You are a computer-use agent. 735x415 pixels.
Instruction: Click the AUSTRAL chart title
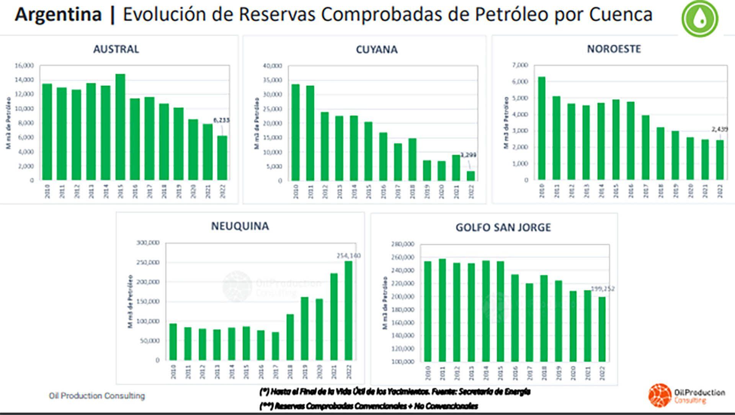[116, 49]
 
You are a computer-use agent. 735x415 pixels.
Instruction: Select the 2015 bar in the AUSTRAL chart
[120, 127]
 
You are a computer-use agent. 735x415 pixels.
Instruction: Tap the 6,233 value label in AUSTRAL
[221, 120]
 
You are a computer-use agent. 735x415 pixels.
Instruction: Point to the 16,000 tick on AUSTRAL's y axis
[24, 65]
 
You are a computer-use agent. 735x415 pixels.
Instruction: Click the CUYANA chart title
[377, 50]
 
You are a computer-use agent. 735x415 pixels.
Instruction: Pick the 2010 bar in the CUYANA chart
[296, 132]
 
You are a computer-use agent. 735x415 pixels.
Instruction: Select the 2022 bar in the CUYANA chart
[471, 176]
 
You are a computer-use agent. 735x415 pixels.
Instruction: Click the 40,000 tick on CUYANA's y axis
[273, 66]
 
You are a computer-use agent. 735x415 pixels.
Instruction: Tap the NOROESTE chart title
[614, 49]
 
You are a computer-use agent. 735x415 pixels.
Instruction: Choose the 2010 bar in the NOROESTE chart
[542, 128]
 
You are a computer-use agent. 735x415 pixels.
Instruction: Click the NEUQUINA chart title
[240, 226]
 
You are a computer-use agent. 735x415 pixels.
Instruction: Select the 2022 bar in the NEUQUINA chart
[348, 310]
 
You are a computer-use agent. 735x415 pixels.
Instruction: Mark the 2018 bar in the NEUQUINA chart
[290, 337]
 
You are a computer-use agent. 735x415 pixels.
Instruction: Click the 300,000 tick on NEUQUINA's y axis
[148, 243]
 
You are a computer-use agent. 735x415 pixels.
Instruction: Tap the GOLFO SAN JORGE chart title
[503, 227]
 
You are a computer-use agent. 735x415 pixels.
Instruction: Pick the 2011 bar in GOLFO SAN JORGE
[442, 310]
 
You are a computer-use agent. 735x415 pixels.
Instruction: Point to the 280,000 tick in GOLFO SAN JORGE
[403, 244]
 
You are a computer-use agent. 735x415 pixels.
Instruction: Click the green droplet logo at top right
[700, 18]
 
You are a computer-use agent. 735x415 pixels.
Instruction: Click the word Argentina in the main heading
[58, 15]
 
